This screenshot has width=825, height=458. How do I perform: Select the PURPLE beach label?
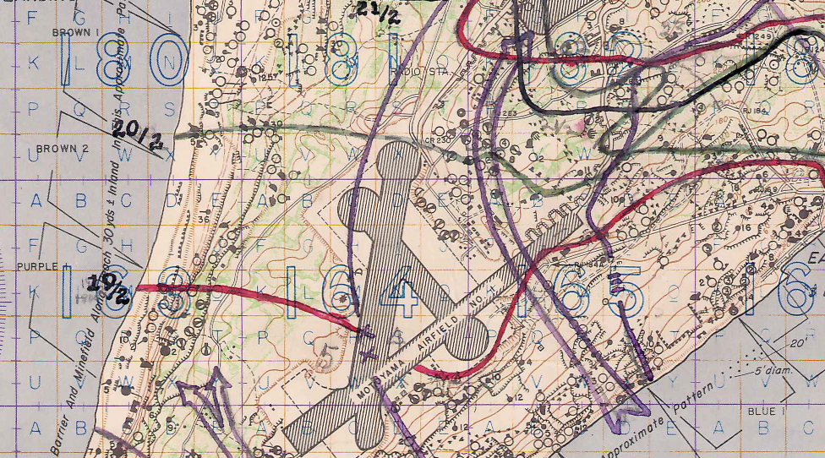click(36, 266)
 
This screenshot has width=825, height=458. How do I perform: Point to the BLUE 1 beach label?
click(766, 411)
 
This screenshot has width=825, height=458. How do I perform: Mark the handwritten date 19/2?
click(112, 288)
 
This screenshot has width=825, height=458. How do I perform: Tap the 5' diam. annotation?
click(757, 370)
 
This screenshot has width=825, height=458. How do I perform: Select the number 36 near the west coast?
click(204, 220)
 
